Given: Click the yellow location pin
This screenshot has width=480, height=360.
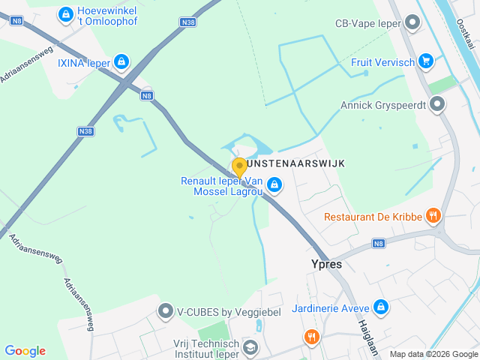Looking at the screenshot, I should click(239, 166).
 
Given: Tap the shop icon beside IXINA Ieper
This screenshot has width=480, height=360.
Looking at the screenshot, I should click(121, 62).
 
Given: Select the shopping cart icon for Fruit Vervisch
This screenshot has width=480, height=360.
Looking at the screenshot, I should click(426, 61).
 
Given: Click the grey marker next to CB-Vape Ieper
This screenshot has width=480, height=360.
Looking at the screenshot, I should click(411, 22).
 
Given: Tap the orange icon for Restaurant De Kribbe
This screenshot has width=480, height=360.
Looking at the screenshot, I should click(433, 217).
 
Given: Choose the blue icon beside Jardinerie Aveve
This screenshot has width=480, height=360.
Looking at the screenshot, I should click(381, 307).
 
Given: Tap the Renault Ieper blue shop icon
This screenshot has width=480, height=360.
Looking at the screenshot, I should click(275, 184).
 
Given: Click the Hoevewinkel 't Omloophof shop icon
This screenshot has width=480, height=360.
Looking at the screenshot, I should click(66, 14).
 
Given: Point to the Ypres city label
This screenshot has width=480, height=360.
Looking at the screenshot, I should click(326, 264).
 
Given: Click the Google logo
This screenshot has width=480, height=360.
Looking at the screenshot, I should click(25, 351).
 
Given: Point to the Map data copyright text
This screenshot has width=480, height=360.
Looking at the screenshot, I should click(433, 354).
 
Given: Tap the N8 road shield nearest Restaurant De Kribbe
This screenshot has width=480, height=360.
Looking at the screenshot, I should click(379, 243).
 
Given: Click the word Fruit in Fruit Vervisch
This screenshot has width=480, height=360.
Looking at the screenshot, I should click(364, 62).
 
